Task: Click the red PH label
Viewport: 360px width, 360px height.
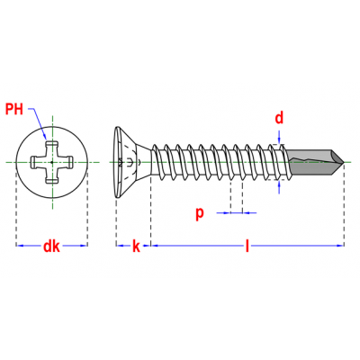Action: click(x=14, y=109)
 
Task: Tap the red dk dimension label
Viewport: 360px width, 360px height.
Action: click(x=51, y=247)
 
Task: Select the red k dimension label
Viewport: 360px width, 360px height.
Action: click(x=136, y=247)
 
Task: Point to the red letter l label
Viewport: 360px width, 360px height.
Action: click(x=247, y=246)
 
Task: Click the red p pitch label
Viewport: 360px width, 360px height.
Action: click(x=200, y=213)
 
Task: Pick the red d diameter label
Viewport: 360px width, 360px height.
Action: click(x=279, y=118)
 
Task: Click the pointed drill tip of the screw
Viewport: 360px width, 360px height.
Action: click(x=344, y=162)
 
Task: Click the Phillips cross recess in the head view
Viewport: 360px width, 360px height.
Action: click(x=51, y=162)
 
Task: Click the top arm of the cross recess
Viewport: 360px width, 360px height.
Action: click(x=51, y=148)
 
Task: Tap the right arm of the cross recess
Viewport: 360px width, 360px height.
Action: click(x=66, y=162)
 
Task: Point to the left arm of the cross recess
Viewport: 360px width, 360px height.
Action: click(x=37, y=162)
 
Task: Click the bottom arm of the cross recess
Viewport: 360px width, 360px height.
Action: click(x=51, y=176)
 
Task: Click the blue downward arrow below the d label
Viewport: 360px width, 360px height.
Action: click(x=279, y=137)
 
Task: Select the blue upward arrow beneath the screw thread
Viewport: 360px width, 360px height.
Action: click(x=279, y=187)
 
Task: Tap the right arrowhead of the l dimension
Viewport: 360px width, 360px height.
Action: click(x=340, y=246)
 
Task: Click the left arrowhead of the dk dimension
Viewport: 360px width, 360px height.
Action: click(x=20, y=246)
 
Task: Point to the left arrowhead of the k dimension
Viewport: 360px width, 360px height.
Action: click(x=120, y=246)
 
